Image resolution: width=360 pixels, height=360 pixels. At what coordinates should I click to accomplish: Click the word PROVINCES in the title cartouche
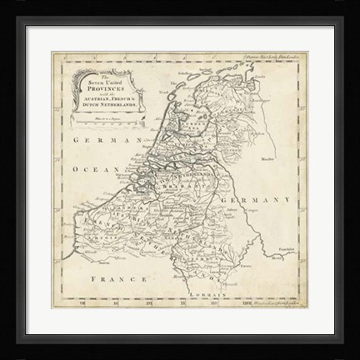tap(104, 87)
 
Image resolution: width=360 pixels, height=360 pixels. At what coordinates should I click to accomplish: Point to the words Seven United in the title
tap(103, 80)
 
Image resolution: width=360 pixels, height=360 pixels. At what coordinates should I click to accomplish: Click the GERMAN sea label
tap(93, 142)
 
